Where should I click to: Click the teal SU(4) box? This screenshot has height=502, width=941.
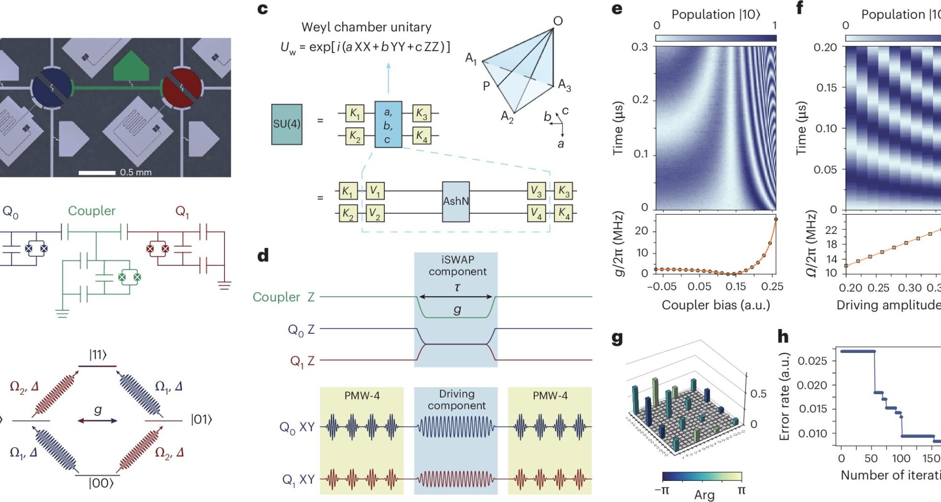(x=287, y=124)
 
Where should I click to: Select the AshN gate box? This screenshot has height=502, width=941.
(x=456, y=201)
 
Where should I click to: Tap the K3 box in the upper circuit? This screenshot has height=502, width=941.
(x=421, y=113)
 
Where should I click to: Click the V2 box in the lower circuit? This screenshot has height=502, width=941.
(x=375, y=214)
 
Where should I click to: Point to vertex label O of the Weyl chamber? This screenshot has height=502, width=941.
(x=558, y=21)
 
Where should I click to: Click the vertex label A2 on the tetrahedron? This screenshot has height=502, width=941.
(x=507, y=117)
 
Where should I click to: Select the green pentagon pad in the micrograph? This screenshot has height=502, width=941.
(x=131, y=66)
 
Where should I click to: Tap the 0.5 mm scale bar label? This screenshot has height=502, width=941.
(x=136, y=173)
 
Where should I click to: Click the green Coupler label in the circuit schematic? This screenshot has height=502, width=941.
(x=92, y=211)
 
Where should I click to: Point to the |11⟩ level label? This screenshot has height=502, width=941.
(x=98, y=354)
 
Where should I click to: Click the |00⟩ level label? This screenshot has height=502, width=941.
(x=101, y=483)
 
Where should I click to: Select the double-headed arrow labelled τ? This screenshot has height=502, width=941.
(x=456, y=297)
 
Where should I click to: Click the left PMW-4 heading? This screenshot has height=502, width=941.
(x=362, y=396)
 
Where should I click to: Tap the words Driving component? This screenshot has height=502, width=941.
(x=456, y=400)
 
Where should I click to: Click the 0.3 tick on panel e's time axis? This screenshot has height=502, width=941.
(x=639, y=47)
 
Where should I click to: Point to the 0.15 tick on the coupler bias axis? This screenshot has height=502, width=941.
(x=735, y=286)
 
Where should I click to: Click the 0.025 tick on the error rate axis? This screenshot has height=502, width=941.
(x=812, y=361)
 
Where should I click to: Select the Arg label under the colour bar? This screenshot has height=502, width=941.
(x=704, y=495)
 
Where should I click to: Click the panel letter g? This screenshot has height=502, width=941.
(x=617, y=338)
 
